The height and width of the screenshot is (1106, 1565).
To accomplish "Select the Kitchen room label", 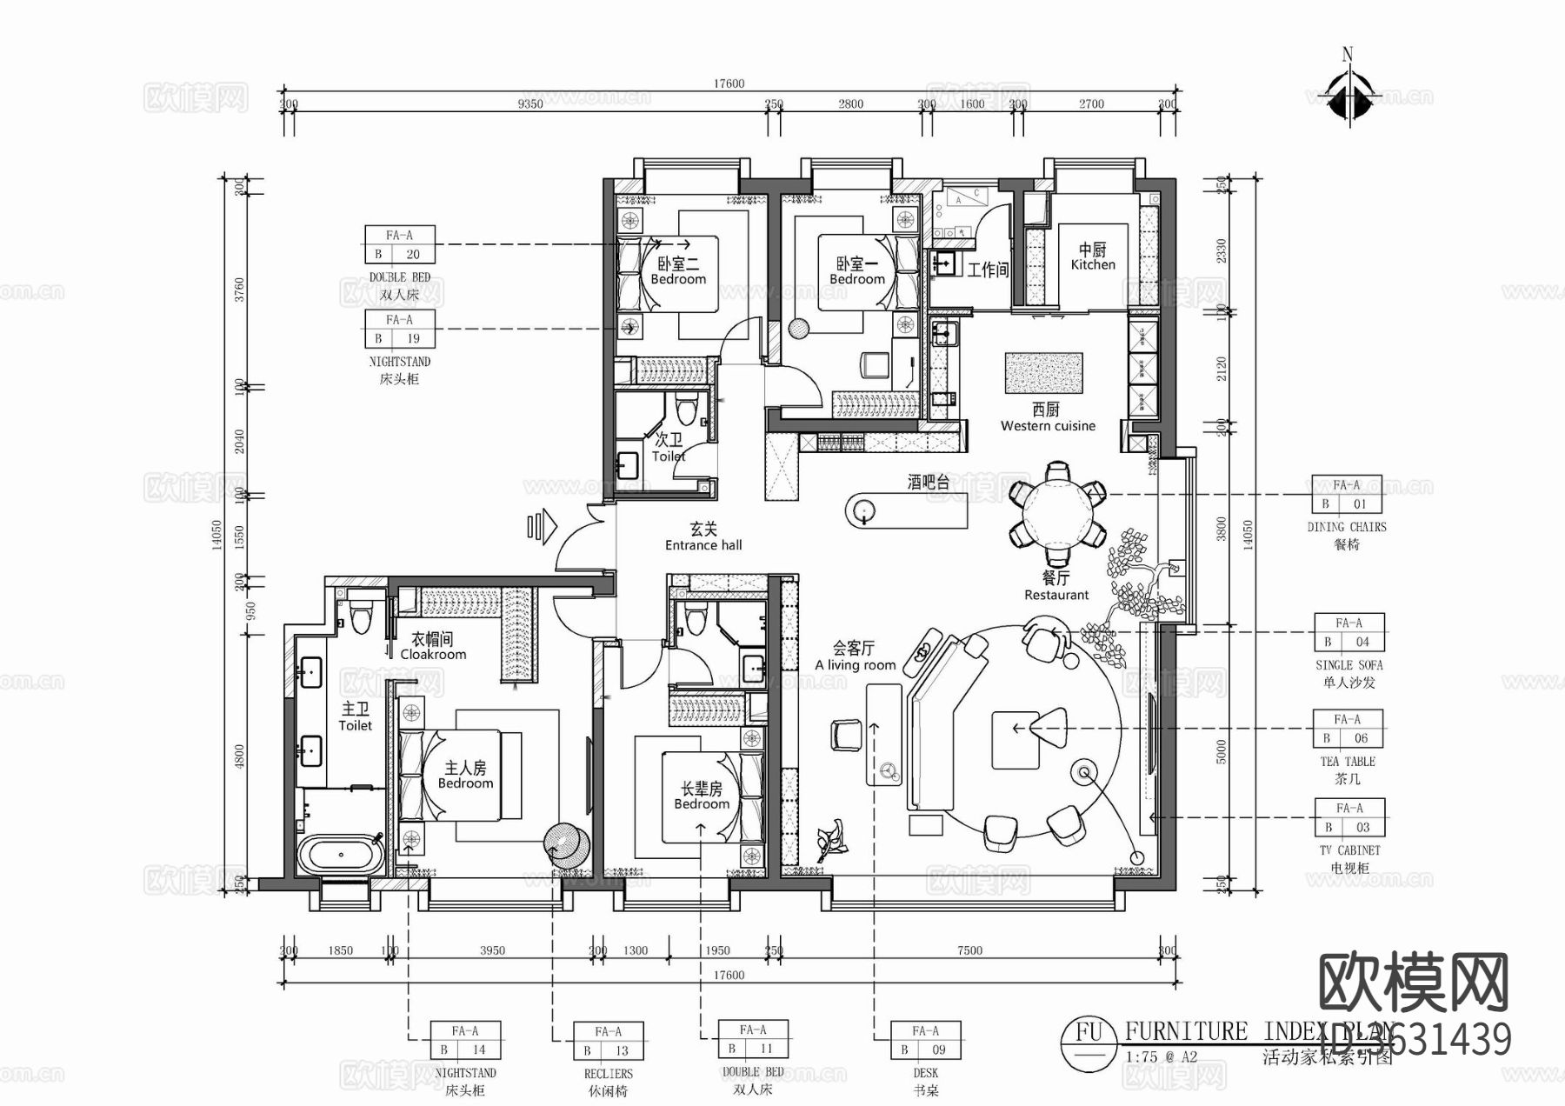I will pyautogui.click(x=1093, y=257).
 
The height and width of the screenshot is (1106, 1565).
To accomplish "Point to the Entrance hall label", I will pyautogui.click(x=703, y=537).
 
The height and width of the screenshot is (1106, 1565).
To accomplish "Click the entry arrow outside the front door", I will pyautogui.click(x=541, y=526).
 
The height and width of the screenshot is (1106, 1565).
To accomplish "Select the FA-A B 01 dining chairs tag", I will pyautogui.click(x=1346, y=495).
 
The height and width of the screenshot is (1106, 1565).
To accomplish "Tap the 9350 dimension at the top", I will pyautogui.click(x=530, y=104).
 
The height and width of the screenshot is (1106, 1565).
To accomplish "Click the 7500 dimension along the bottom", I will pyautogui.click(x=969, y=950).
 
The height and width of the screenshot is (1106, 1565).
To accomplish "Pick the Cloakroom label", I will pyautogui.click(x=432, y=647).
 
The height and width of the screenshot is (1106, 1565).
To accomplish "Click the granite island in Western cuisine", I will pyautogui.click(x=1043, y=373).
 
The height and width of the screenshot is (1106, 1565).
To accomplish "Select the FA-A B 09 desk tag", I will pyautogui.click(x=925, y=1040).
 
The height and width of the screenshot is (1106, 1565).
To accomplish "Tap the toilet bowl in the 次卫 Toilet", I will pyautogui.click(x=688, y=409).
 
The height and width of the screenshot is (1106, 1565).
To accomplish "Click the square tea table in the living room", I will pyautogui.click(x=1016, y=740).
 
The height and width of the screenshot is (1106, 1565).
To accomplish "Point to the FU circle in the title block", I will pyautogui.click(x=1089, y=1033).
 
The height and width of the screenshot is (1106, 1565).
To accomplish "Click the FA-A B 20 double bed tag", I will pyautogui.click(x=399, y=245).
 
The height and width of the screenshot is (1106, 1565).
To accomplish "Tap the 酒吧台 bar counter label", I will pyautogui.click(x=928, y=483).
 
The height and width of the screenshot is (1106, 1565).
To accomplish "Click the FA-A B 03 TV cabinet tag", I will pyautogui.click(x=1349, y=818).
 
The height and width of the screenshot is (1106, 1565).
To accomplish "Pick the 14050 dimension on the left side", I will pyautogui.click(x=217, y=535).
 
